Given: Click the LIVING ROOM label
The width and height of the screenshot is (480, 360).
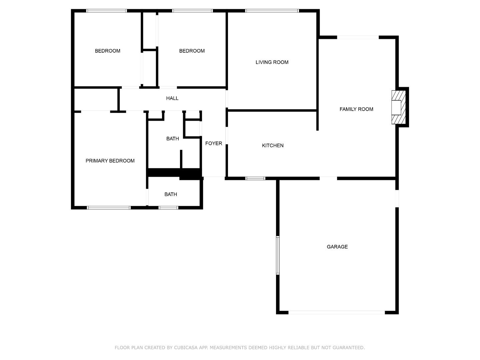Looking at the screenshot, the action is tap(272, 62).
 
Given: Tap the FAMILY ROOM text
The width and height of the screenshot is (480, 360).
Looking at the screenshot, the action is tap(356, 109).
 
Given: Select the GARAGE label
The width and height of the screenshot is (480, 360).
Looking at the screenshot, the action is tap(337, 247).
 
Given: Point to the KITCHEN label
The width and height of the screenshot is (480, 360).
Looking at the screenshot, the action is tap(273, 145).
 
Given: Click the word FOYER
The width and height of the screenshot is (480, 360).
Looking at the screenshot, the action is tap(214, 143).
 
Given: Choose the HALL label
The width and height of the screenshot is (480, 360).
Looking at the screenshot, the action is tap(172, 98).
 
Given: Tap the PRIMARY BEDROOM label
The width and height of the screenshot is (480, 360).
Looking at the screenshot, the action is tap(110, 161).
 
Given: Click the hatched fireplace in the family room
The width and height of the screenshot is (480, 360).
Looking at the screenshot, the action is tap(399, 107).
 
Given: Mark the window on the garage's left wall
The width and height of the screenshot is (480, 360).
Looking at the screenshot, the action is tap(278, 255).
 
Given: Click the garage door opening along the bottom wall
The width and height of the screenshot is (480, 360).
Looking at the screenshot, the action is tap(337, 312).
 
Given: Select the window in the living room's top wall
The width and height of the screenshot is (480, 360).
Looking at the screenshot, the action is tap(272, 11).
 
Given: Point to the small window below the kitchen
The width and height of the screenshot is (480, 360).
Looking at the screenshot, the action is tap(255, 178).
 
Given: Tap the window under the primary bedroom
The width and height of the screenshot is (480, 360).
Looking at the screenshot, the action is tap(109, 208).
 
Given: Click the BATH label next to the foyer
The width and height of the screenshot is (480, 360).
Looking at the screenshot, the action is tap(173, 139).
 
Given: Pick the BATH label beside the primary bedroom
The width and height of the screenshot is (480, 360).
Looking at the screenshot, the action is tap(171, 194).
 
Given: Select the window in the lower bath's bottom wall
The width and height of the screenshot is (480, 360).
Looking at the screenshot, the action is tap(168, 208).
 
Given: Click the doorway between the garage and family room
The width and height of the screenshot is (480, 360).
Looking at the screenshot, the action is tap(328, 178).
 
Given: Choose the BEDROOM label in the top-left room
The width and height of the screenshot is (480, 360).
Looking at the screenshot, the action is tap(107, 51).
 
